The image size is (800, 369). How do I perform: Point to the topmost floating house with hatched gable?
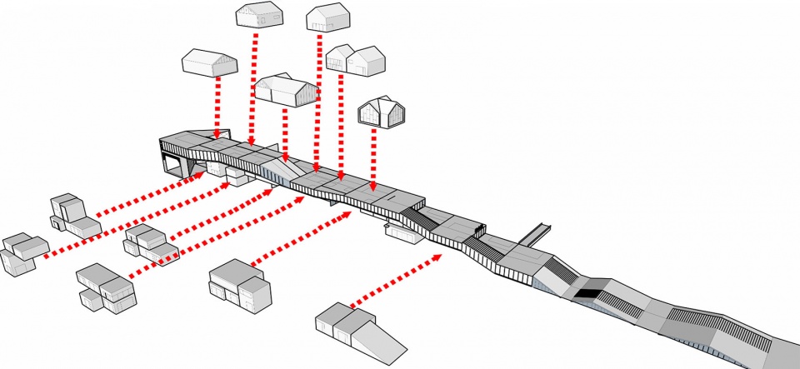coord(259,17)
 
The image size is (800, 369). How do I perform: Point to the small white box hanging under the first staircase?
coord(403,234)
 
